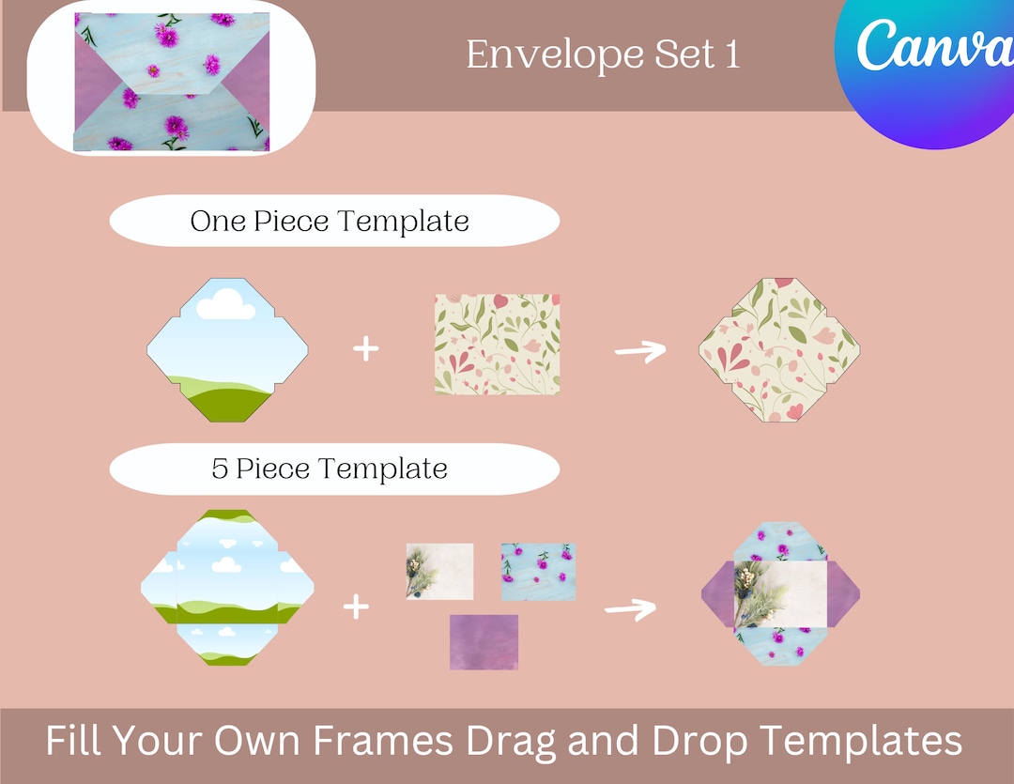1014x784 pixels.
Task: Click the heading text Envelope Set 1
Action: pyautogui.click(x=603, y=54)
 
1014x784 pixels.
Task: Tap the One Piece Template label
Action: pyautogui.click(x=330, y=222)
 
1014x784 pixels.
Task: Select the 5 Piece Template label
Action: pyautogui.click(x=330, y=469)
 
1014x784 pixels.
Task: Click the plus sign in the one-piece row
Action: pyautogui.click(x=366, y=349)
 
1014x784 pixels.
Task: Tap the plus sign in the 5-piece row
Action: pyautogui.click(x=356, y=607)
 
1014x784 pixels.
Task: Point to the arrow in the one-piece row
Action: pyautogui.click(x=639, y=350)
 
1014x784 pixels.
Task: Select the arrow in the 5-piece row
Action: pyautogui.click(x=630, y=609)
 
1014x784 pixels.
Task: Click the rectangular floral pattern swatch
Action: pyautogui.click(x=498, y=343)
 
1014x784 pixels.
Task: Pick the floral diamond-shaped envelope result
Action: pyautogui.click(x=780, y=350)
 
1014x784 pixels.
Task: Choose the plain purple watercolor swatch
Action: pyautogui.click(x=484, y=642)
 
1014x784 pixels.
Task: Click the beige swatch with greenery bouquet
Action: pyautogui.click(x=439, y=571)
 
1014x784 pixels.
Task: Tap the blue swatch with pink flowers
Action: pyautogui.click(x=538, y=571)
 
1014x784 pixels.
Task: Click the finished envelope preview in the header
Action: pyautogui.click(x=171, y=81)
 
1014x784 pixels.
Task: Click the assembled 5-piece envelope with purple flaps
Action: pyautogui.click(x=780, y=594)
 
